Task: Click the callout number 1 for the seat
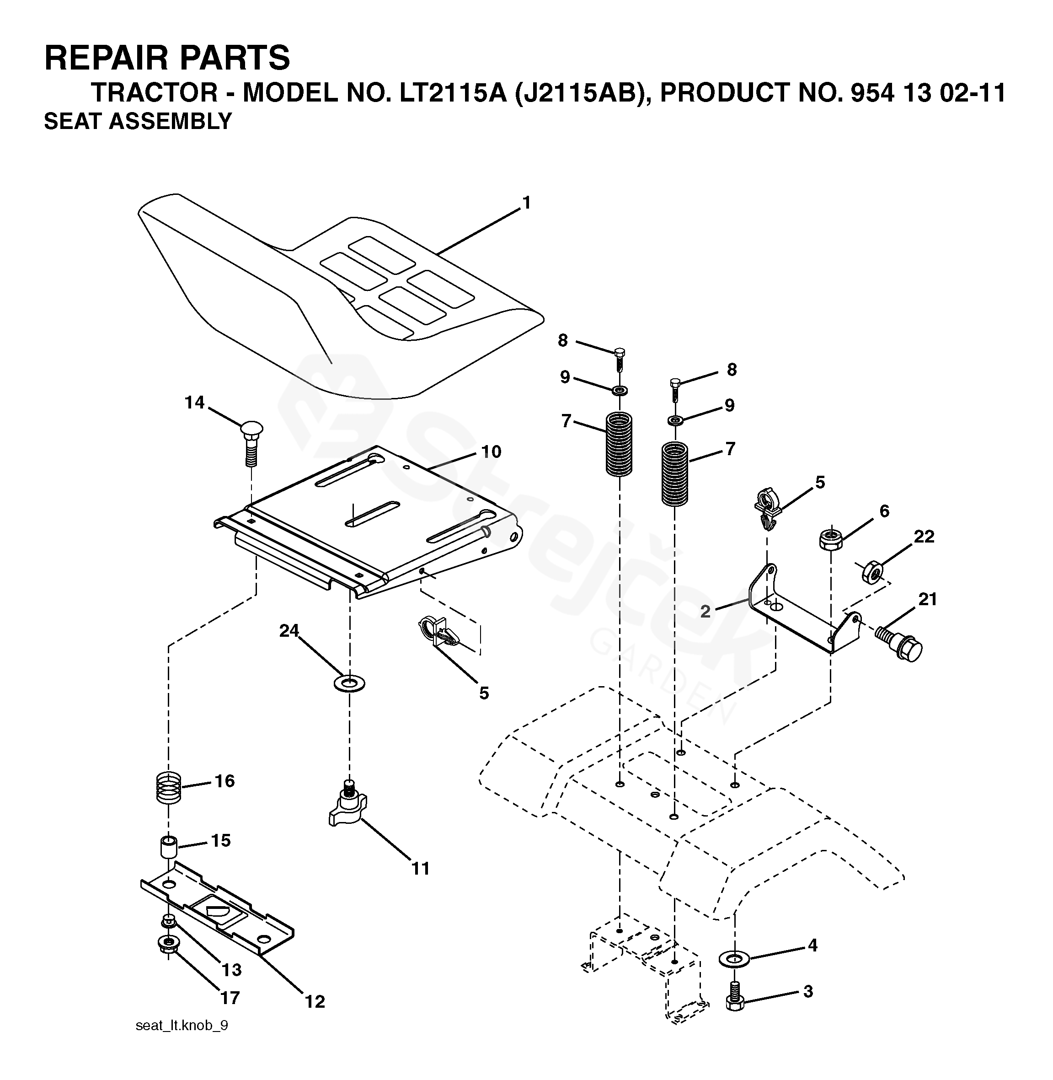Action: pos(527,203)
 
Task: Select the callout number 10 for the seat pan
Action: pos(491,452)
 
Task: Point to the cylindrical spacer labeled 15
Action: pos(169,848)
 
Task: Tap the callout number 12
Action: pos(315,1016)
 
